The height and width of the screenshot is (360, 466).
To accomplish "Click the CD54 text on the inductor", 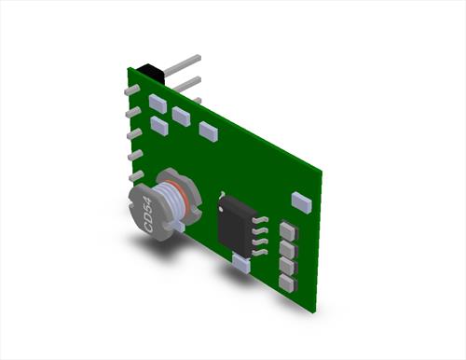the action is (x=148, y=215).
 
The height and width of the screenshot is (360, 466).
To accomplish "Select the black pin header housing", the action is (x=151, y=74).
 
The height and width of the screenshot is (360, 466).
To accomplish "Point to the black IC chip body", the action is (x=237, y=225).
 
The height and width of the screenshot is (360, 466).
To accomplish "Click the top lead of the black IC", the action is (x=260, y=220).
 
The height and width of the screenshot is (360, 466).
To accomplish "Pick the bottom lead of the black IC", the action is (x=260, y=253).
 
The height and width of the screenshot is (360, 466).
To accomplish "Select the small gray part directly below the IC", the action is (x=241, y=263).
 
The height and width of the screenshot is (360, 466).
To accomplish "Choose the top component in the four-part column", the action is (x=289, y=230).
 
